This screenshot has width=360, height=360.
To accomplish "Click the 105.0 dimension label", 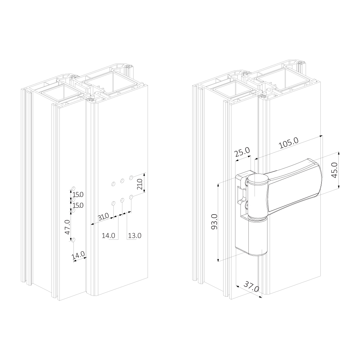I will coord(289,144).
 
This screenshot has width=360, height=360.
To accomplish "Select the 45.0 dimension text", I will coord(334,170).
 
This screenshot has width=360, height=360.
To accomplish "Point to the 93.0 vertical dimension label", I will coord(214,222).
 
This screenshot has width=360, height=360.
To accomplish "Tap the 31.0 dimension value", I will coord(104,217).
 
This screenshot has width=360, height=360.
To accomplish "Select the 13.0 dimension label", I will coord(134,236).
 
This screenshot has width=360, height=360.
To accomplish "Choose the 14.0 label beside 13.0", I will coord(108,236).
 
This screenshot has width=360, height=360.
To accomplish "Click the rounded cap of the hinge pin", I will coord(256,179).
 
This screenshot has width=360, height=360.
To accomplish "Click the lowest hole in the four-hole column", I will coord(73,240).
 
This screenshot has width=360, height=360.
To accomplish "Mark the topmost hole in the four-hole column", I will coord(73,188).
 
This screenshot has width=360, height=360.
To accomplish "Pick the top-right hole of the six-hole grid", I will coord(131,177).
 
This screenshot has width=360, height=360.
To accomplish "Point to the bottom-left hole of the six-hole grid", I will coord(113,204).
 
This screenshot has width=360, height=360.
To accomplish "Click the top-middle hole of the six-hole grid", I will coord(122,180).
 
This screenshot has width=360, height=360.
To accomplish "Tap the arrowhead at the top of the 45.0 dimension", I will coord(339,153).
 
